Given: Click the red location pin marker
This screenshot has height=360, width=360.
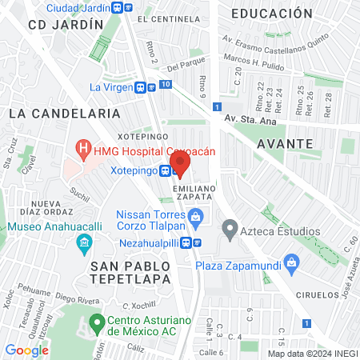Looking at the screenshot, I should coord(180,163).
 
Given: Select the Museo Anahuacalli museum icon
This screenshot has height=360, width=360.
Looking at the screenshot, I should coord(84,242).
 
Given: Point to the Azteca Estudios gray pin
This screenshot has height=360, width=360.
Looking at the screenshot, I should coord(230,232).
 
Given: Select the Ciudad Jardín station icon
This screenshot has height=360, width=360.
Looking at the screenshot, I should coord(118,7).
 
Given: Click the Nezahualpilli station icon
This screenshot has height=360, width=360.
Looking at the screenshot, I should coord(196,242).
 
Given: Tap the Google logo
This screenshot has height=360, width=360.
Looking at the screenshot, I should coord(26,350).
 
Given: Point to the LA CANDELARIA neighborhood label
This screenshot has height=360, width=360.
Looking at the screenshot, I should coord(53,114).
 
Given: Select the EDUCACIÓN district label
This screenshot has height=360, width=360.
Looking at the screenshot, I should coord(271,14).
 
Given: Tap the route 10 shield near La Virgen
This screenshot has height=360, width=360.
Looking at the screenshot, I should coord(166,84).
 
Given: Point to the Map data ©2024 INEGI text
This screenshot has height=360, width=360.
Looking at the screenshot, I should coord(311,354).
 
